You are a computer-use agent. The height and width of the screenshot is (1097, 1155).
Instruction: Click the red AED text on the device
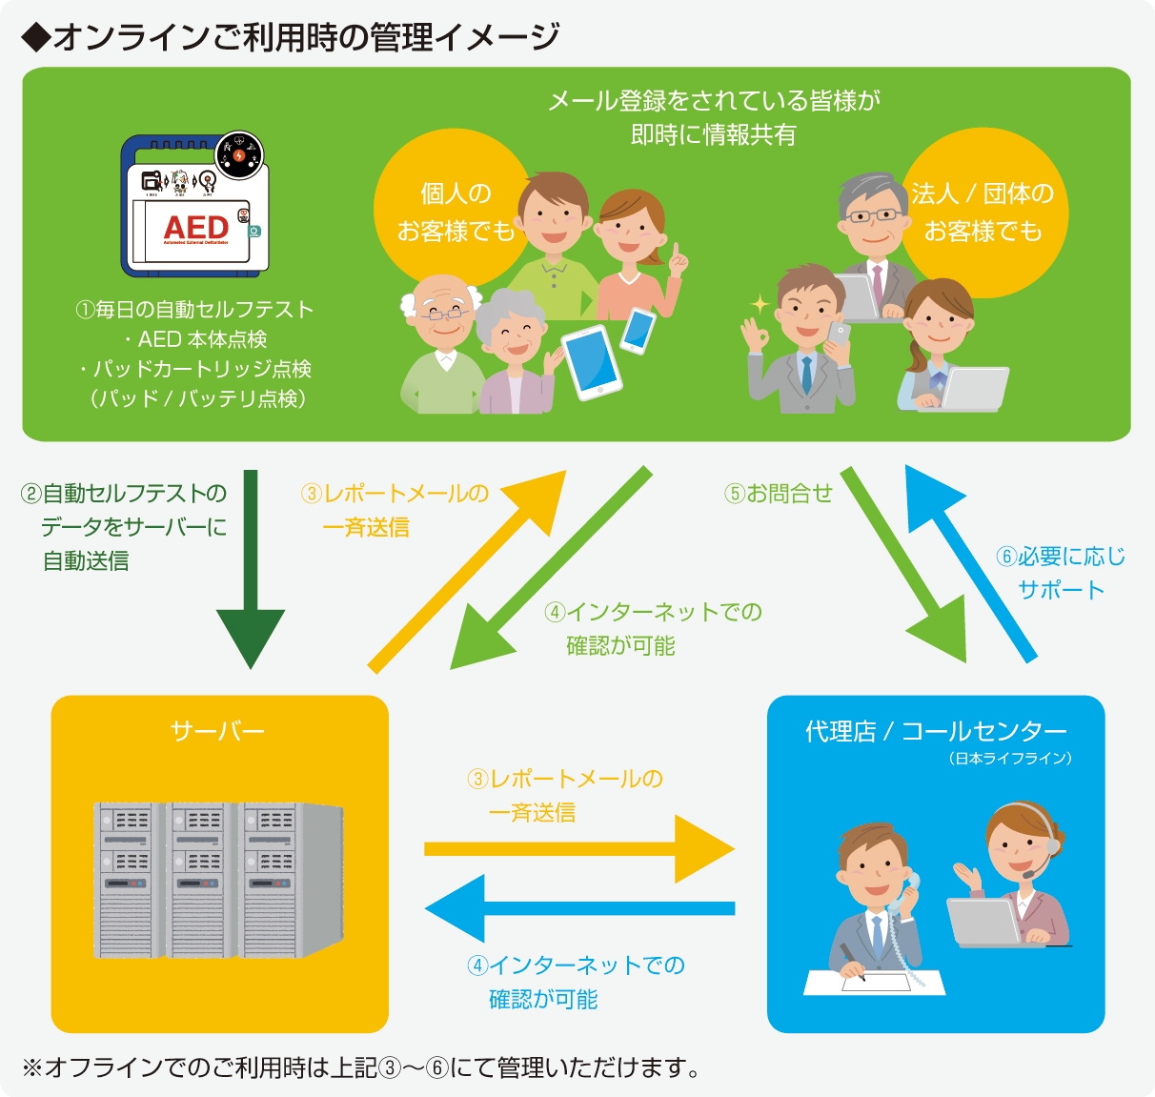pyautogui.click(x=195, y=228)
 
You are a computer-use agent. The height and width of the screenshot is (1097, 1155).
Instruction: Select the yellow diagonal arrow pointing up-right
pyautogui.click(x=467, y=572)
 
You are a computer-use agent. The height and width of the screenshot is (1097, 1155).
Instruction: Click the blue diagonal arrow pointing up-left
pyautogui.click(x=972, y=562)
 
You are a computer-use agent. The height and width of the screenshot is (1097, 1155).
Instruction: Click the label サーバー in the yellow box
pyautogui.click(x=217, y=731)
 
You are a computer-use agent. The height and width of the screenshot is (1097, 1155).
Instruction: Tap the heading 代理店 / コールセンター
pyautogui.click(x=936, y=731)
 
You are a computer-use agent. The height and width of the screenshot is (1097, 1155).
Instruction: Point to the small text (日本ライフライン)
pyautogui.click(x=1010, y=759)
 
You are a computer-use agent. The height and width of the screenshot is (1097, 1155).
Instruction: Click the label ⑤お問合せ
pyautogui.click(x=779, y=493)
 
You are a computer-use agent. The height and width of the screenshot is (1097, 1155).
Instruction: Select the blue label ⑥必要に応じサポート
pyautogui.click(x=1060, y=573)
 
